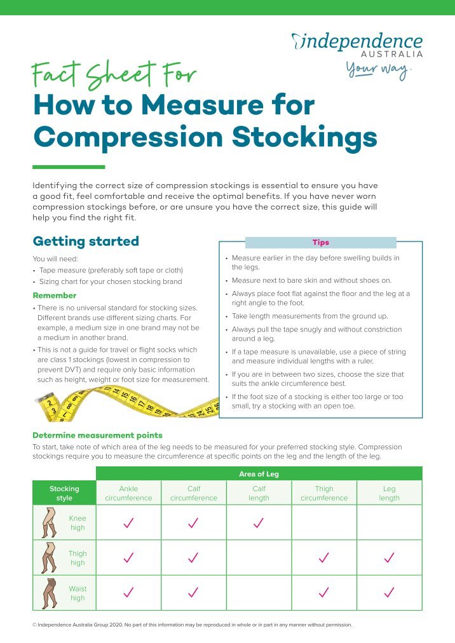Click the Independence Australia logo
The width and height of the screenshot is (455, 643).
coord(357,44)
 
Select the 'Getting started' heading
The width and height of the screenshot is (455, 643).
coord(86,241)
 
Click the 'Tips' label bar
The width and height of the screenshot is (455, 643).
coord(320,243)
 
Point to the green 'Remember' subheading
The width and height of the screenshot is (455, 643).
coord(55,295)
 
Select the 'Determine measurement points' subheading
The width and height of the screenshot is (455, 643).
coord(97,435)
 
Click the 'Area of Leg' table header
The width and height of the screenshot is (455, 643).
coord(259,474)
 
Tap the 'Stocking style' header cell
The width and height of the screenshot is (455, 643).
coord(64,493)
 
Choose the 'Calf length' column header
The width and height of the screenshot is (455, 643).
coord(259,493)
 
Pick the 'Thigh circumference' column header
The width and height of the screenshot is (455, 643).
coord(324,493)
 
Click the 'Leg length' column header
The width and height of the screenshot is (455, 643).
coord(390,493)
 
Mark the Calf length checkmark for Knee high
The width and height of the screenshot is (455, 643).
coord(259,522)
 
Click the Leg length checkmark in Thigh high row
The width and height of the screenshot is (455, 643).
coord(390,557)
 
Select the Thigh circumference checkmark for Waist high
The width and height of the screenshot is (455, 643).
coord(324,592)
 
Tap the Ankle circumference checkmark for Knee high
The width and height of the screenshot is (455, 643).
coord(128,522)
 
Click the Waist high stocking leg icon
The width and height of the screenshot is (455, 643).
coord(48,592)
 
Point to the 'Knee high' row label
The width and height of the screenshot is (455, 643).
coord(77,522)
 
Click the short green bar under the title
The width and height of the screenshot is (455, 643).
coord(69,167)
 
